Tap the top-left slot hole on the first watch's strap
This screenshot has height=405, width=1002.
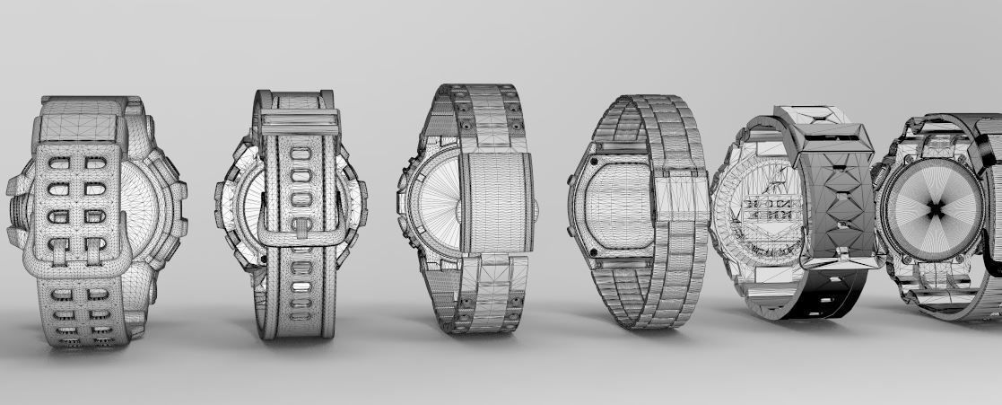pos(58,163)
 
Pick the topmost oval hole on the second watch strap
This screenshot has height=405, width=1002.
pos(300,153)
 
